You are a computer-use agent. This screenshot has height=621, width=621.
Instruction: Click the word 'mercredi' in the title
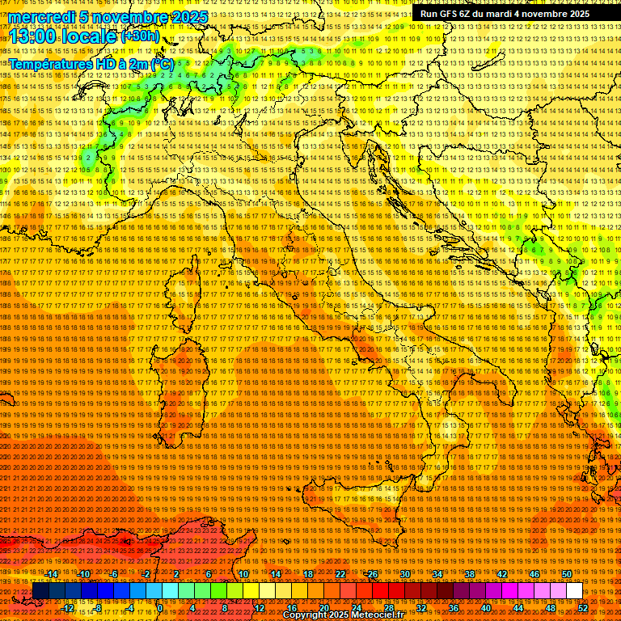pos(41,17)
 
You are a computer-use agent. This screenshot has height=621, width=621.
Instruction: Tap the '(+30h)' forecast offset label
pos(140,36)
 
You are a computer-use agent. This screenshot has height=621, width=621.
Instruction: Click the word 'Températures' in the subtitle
pos(49,63)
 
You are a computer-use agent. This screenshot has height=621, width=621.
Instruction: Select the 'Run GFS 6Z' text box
pos(505,14)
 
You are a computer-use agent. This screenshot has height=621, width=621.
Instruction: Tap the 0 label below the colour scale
pos(161,608)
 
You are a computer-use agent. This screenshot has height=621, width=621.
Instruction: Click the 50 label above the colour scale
pos(566,574)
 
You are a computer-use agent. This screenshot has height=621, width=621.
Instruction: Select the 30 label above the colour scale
pos(405,574)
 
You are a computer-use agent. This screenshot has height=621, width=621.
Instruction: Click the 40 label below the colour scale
pos(486,608)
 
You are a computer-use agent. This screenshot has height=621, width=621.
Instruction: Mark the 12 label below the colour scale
pos(260,608)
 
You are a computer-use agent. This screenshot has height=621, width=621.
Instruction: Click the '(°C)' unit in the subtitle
pos(161,63)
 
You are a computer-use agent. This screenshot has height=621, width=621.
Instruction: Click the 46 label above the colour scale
pos(534,574)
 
